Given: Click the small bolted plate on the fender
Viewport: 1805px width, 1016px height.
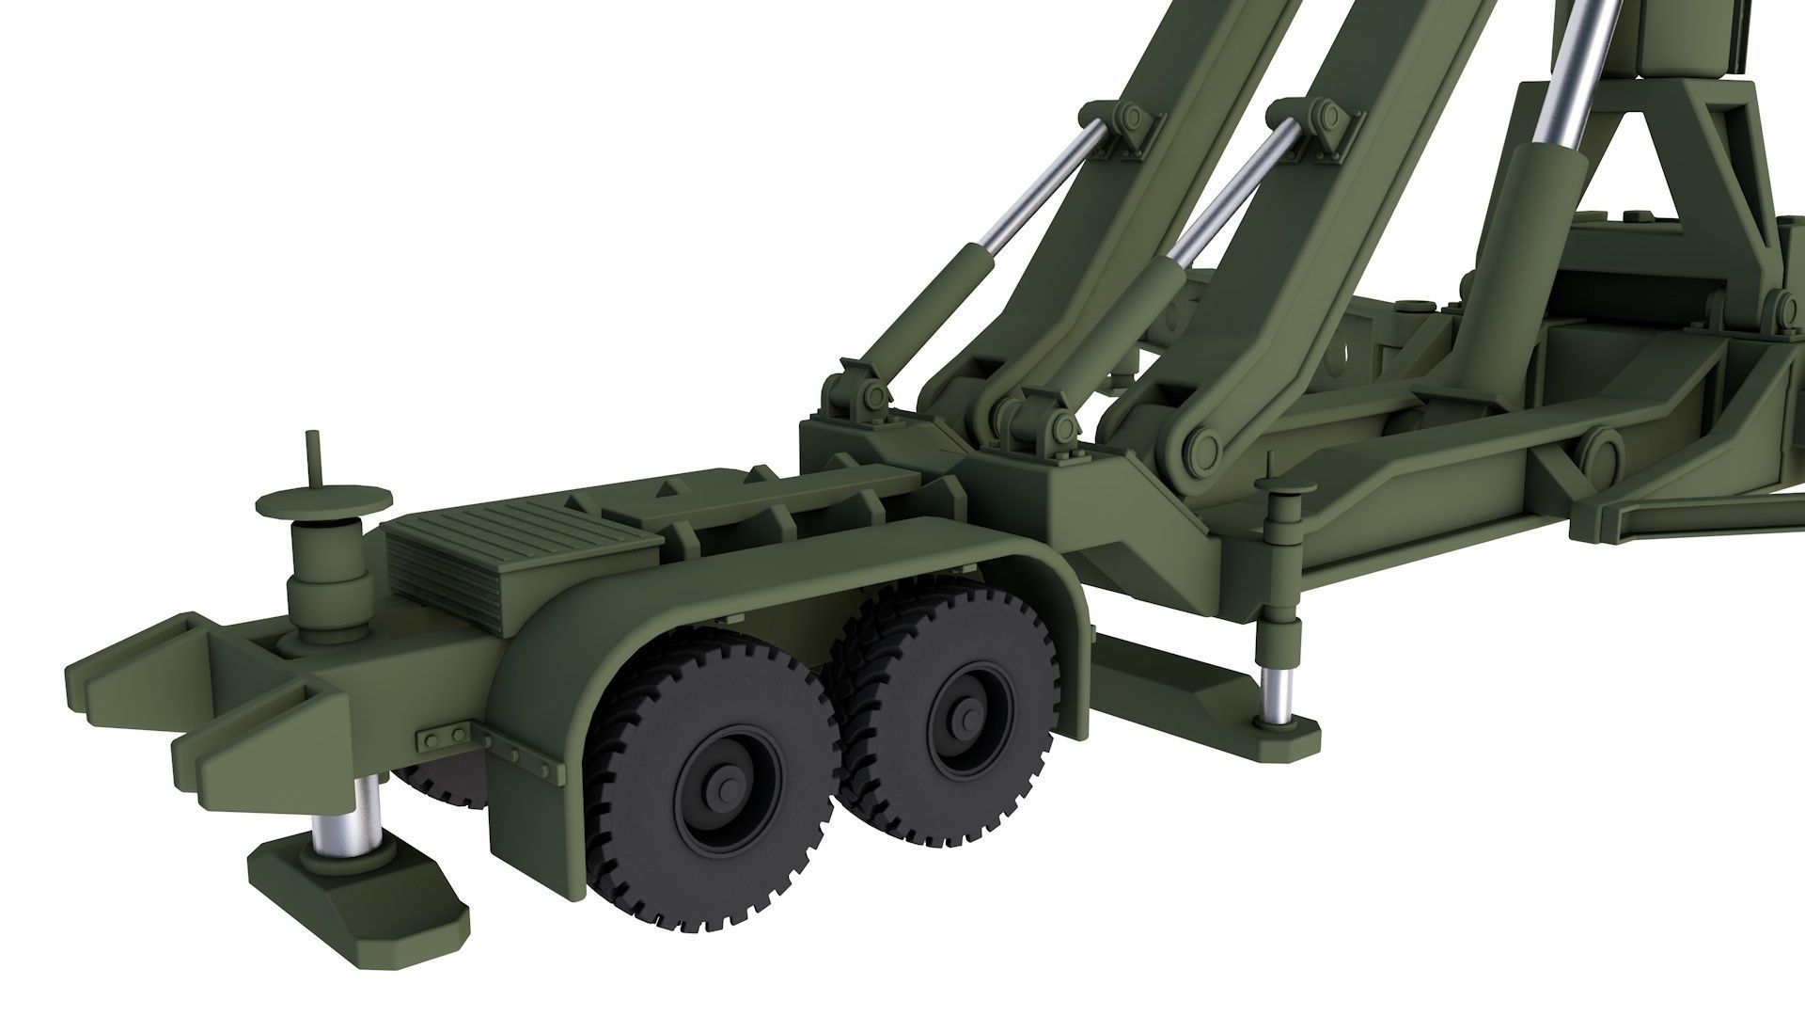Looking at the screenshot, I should [443, 734].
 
